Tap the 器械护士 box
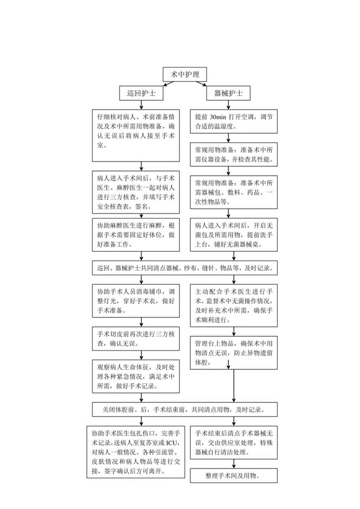click(x=228, y=94)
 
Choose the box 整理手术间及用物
click(x=234, y=475)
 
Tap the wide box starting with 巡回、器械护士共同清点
click(x=185, y=269)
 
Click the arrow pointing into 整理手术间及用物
click(x=234, y=464)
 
